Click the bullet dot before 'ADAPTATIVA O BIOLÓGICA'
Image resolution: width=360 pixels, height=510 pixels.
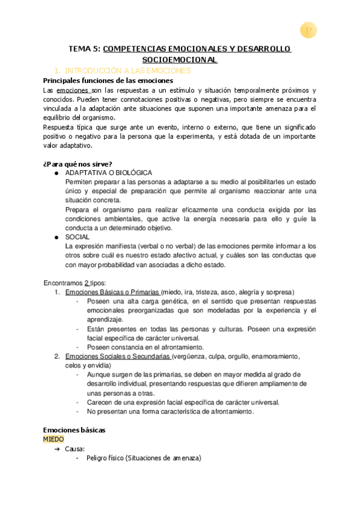point(56,173)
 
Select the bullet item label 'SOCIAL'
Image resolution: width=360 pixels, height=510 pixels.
point(78,237)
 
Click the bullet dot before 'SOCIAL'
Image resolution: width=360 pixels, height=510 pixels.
point(56,237)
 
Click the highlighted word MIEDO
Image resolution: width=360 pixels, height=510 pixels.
point(54,440)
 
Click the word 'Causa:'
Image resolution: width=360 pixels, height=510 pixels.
point(75,449)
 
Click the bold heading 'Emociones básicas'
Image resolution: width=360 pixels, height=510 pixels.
point(75,430)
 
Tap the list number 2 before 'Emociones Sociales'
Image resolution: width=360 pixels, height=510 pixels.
point(56,356)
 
